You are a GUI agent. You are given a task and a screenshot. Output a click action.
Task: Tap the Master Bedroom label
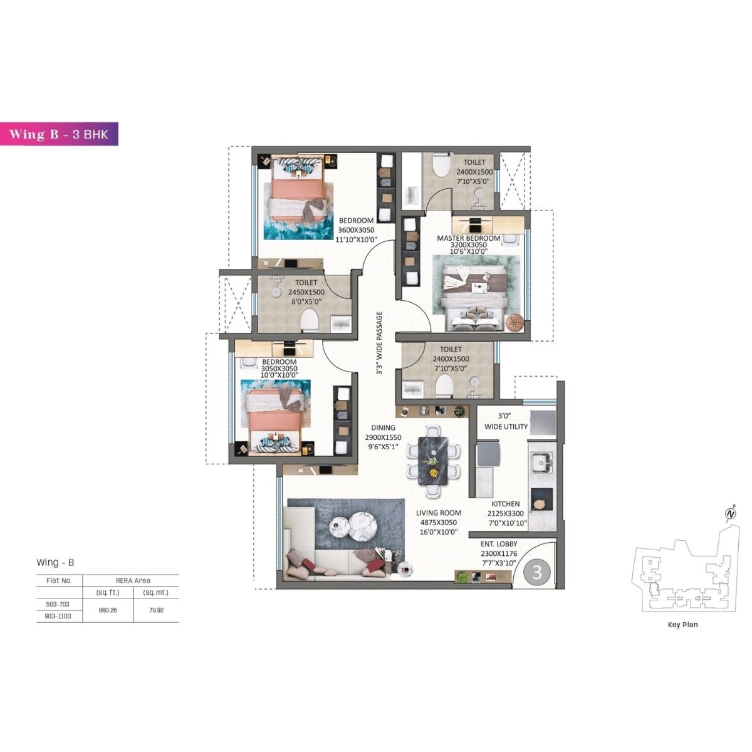point(468,238)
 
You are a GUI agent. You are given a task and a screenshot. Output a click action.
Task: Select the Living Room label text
point(438,513)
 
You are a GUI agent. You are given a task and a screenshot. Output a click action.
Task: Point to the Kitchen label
point(505,504)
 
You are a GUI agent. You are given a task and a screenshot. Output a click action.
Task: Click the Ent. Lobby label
point(499,545)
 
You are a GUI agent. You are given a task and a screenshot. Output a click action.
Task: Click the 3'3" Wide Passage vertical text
point(379,343)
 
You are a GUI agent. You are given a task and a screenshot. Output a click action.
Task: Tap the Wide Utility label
point(506,427)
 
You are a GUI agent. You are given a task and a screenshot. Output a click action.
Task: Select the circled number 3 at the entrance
point(536,572)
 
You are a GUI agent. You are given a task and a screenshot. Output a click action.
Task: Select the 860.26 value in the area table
point(108,610)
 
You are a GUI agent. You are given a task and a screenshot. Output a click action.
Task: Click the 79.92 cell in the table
point(155,610)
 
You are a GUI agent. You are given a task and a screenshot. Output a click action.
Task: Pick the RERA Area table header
point(133,580)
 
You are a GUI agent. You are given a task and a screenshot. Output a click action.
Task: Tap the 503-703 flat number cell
point(58,604)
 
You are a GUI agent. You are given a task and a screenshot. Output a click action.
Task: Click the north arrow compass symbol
point(729,514)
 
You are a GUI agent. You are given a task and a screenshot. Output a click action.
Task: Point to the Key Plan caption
point(682,624)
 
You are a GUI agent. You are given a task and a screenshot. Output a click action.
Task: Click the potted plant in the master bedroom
point(513,321)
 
